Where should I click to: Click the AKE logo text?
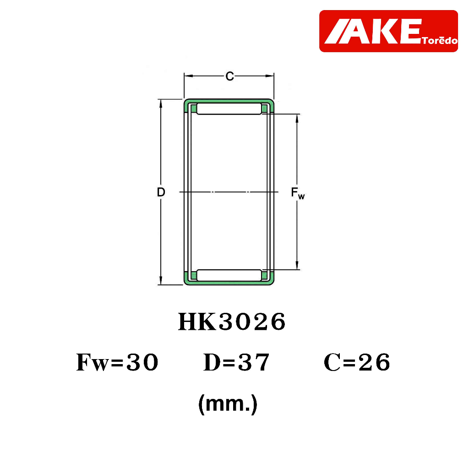373,31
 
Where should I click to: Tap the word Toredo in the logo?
440,40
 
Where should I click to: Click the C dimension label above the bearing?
229,76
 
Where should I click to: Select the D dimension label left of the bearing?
161,192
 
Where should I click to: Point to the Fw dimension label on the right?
298,193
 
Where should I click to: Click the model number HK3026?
232,322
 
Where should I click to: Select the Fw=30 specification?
117,362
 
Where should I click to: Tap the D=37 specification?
236,362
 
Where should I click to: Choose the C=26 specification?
357,362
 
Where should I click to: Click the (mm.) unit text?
228,404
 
